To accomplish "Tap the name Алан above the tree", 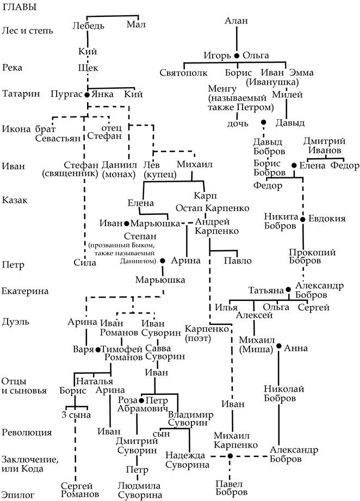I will point(236,21).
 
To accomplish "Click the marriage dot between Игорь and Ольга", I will point(237,55).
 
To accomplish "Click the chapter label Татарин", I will point(21,94).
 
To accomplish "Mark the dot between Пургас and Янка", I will point(86,94).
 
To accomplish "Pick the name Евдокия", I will point(327,219).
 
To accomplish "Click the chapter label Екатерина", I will point(25,291).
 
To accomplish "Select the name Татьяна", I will point(266,290).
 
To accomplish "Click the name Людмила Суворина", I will point(140,490).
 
